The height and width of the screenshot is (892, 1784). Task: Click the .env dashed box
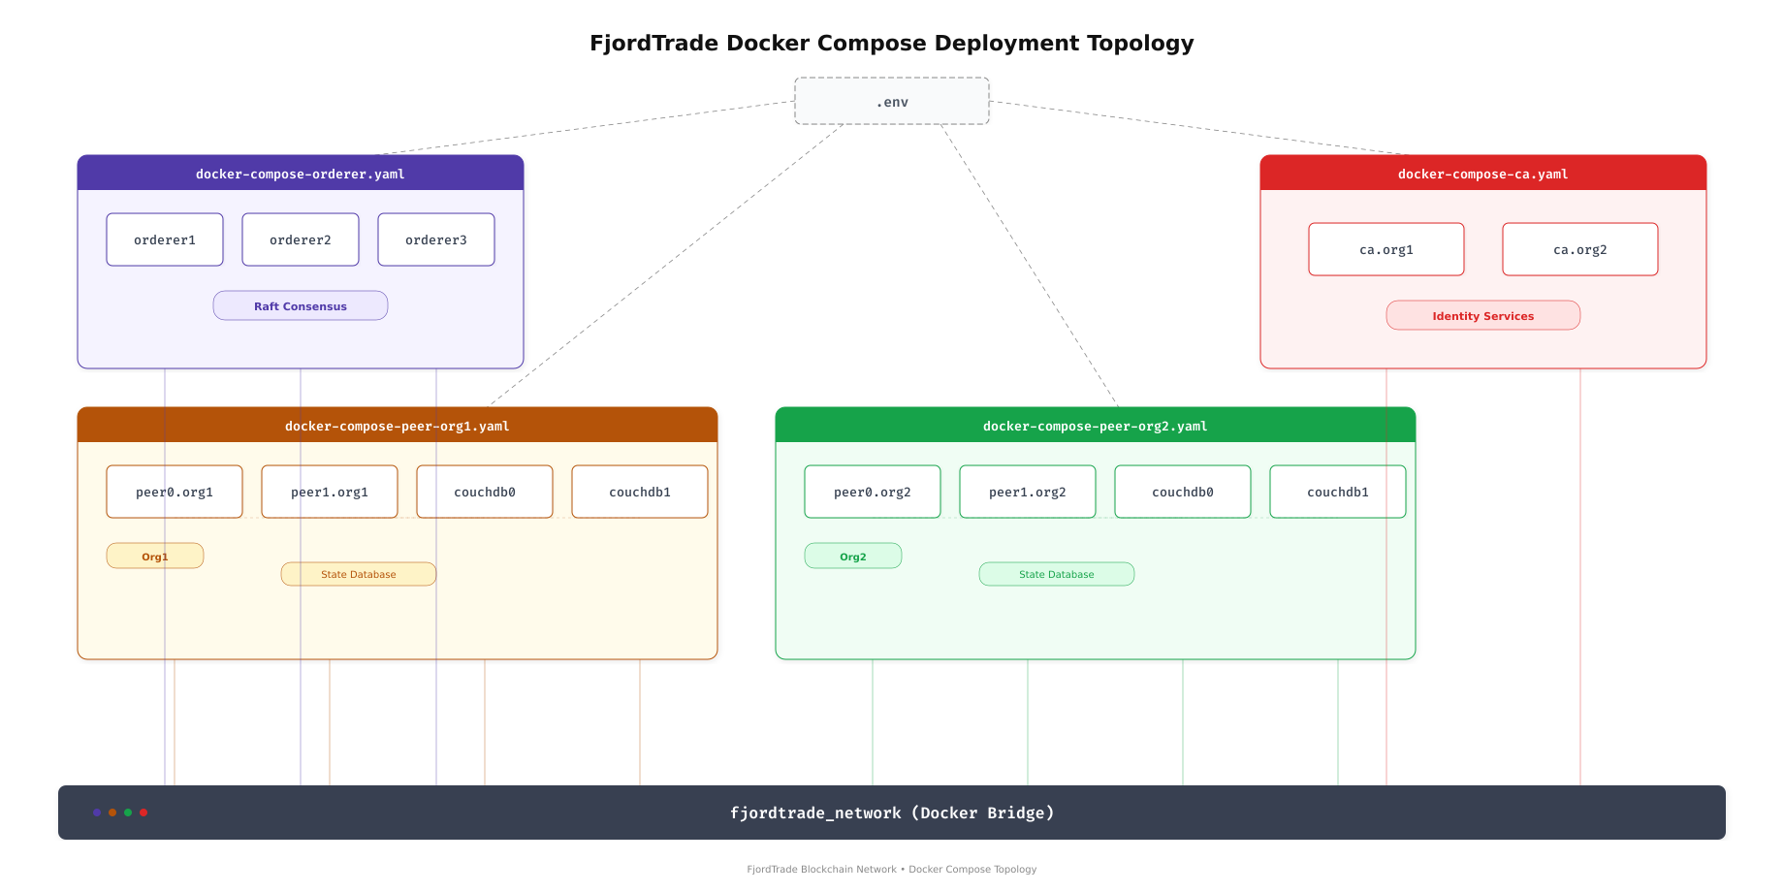tap(892, 101)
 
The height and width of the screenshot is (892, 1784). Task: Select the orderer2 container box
tap(301, 239)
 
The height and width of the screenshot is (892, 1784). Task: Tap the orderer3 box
tap(436, 239)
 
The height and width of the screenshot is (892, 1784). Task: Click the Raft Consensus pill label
tap(301, 305)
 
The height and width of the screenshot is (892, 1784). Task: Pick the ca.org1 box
tap(1386, 249)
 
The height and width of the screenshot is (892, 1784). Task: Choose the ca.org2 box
tap(1580, 249)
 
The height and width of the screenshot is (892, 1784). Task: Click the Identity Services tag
tap(1483, 315)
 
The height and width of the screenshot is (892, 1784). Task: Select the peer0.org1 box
tap(175, 492)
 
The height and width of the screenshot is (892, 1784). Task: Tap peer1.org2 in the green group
tap(1028, 492)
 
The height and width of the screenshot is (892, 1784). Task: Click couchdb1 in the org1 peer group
tap(640, 492)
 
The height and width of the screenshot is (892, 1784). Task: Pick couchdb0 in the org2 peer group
tap(1183, 492)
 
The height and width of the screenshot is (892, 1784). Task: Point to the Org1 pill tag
tap(155, 556)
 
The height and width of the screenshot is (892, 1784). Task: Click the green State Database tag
tap(1057, 574)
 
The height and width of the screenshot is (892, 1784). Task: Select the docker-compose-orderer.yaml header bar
tap(301, 174)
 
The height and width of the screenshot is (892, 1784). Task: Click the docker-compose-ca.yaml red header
tap(1483, 174)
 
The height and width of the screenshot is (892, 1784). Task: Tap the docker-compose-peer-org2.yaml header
tap(1096, 426)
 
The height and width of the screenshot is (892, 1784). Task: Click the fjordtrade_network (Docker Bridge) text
tap(892, 812)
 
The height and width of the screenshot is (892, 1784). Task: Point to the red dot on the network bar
tap(143, 812)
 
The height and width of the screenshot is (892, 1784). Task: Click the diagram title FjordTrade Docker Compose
tap(892, 43)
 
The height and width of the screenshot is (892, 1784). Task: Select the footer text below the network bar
tap(892, 869)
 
